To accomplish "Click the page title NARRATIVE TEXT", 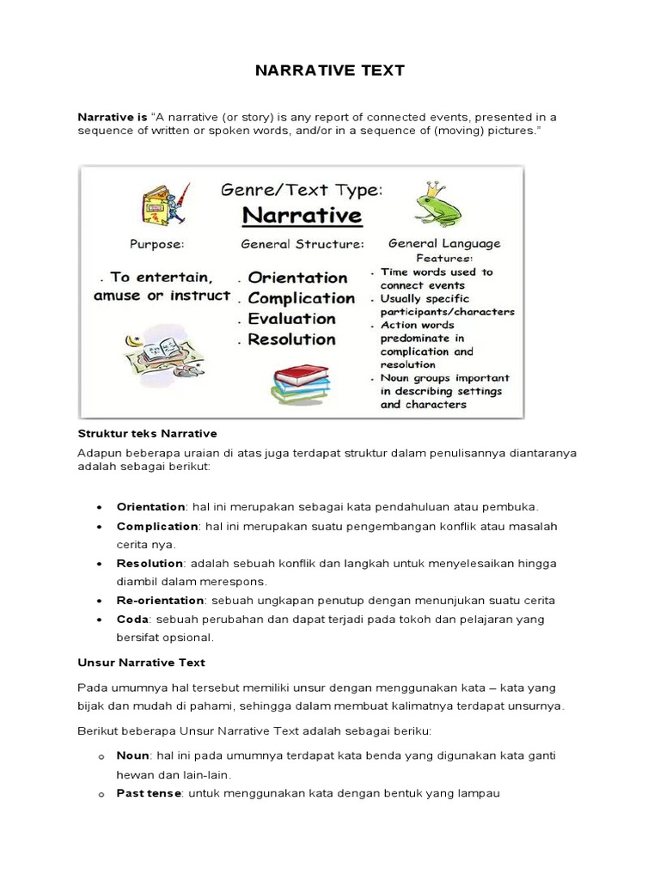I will (330, 70).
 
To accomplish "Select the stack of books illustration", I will (300, 384).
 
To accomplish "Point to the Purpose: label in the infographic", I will (156, 244).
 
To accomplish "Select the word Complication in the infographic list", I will (301, 298).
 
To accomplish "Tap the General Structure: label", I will (302, 244).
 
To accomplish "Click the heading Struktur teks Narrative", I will (147, 433).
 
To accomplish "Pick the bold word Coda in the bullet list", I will (132, 619).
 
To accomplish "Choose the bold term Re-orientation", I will (160, 600).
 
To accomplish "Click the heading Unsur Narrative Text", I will (141, 663).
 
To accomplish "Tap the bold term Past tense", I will (149, 793).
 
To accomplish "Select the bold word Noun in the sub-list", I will (133, 755).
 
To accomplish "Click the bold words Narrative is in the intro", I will (113, 116).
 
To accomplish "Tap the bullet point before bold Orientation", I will (101, 507).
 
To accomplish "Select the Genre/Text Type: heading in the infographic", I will (301, 189).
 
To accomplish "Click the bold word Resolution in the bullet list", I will (150, 563).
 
